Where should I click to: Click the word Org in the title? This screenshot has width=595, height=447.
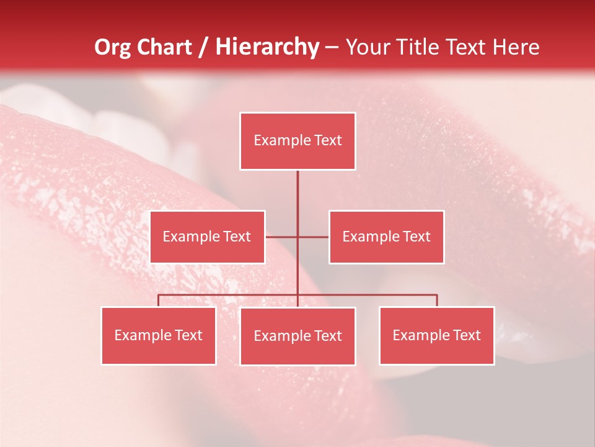tap(112, 47)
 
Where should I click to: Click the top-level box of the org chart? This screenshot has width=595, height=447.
tap(297, 141)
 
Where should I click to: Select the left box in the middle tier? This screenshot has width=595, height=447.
tap(207, 237)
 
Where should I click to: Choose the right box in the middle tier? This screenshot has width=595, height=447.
tap(386, 237)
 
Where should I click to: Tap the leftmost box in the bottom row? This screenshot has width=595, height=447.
tap(159, 335)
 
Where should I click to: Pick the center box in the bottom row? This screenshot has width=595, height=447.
tap(297, 336)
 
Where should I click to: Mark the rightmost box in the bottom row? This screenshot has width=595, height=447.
tap(437, 335)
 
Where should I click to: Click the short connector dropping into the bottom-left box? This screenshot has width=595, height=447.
tap(159, 300)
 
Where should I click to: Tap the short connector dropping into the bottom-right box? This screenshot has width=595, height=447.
tap(437, 300)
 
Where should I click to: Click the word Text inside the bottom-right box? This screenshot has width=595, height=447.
tap(467, 335)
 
